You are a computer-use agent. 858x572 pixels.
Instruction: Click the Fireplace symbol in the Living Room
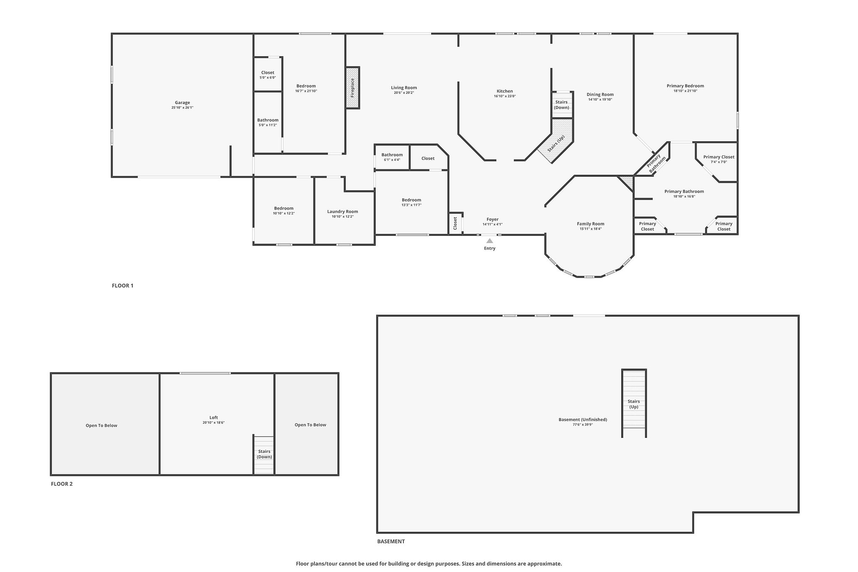tap(353, 88)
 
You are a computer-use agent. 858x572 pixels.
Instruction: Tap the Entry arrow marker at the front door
tap(489, 241)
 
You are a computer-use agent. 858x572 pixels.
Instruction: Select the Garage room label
tap(182, 103)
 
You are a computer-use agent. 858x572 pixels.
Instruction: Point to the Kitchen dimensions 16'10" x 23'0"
tap(504, 96)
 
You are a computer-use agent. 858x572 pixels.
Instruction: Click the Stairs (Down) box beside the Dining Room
tap(561, 105)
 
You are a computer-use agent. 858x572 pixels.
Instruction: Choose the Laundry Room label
tap(342, 212)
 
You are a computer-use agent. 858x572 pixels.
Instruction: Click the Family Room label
tap(590, 224)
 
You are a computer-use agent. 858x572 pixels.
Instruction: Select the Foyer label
tap(492, 219)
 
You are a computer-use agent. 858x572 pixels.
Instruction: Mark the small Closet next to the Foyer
tap(455, 223)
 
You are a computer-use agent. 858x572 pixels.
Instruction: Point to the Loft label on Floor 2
tap(214, 417)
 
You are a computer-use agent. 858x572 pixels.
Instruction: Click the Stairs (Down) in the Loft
tap(264, 454)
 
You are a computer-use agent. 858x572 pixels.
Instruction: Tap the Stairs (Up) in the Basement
tap(633, 404)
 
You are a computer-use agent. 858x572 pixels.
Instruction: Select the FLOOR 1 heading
tap(122, 286)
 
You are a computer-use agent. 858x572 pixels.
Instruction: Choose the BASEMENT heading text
tap(391, 541)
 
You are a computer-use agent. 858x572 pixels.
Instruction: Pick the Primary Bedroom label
tap(685, 86)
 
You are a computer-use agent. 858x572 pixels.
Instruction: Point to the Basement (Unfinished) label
tap(582, 419)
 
